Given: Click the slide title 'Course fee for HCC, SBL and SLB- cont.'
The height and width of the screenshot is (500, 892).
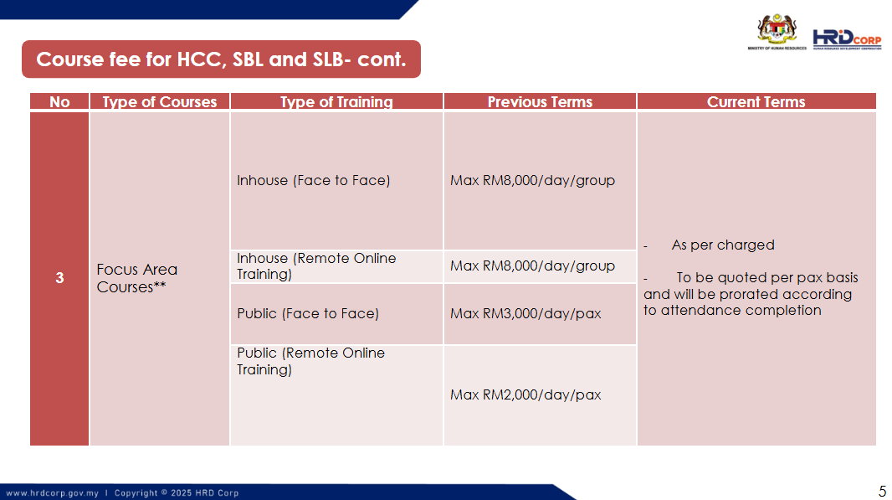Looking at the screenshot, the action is (x=221, y=59).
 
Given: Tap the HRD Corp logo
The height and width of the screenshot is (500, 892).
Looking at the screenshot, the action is (x=847, y=39).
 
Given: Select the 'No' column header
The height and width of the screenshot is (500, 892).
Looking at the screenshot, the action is (x=59, y=101).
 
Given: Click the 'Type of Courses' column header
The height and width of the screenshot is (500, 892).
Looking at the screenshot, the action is (x=159, y=101).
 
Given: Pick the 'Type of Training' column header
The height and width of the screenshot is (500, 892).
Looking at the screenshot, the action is (x=336, y=101).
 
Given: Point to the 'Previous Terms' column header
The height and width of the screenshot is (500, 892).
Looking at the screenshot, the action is (x=540, y=101).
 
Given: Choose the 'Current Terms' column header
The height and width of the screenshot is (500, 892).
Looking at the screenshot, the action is (x=756, y=101).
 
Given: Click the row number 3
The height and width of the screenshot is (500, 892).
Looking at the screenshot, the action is (x=59, y=278).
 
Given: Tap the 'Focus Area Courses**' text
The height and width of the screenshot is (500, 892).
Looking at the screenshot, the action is (x=137, y=278).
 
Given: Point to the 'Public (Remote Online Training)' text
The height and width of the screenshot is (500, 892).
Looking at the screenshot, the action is (x=310, y=361).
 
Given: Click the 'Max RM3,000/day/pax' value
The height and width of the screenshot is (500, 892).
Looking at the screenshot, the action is (x=525, y=314).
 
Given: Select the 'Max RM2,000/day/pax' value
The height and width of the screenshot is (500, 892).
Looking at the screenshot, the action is (x=525, y=394).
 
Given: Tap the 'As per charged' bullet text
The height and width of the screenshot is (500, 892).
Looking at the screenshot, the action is (x=723, y=245).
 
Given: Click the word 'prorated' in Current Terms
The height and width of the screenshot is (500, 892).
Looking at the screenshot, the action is (x=748, y=295).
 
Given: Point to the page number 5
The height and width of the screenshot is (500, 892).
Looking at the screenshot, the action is (x=882, y=491).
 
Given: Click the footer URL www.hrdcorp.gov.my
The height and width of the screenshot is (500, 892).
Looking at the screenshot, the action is (x=53, y=493).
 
